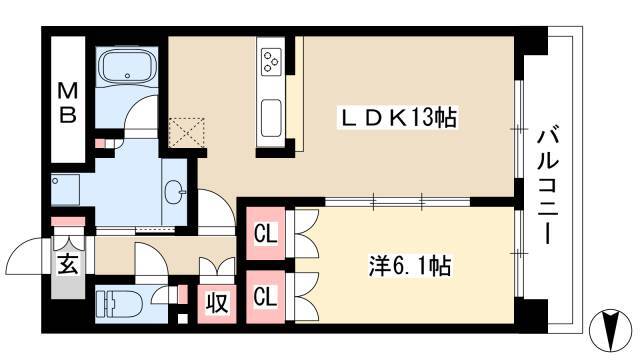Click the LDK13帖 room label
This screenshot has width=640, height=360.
click(395, 119)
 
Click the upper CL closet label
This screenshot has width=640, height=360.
click(266, 237)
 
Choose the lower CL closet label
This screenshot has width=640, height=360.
click(266, 296)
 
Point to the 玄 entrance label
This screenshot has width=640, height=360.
click(68, 264)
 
